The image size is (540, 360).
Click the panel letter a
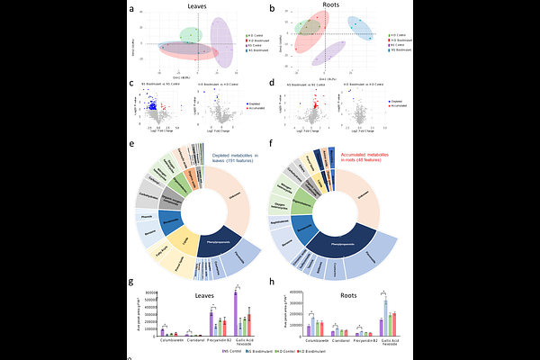click(x=132, y=10)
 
